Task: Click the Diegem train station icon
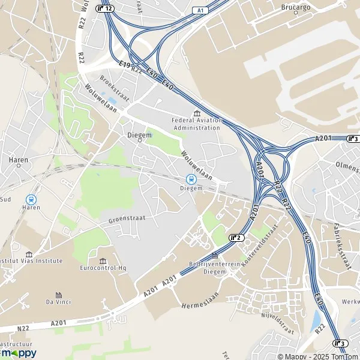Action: (191, 178)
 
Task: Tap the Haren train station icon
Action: (31, 199)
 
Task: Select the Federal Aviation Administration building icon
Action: (196, 113)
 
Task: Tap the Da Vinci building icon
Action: (58, 295)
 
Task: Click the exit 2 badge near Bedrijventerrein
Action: (236, 238)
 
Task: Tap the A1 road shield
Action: (199, 11)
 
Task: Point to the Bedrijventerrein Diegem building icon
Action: (215, 256)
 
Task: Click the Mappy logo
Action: (18, 353)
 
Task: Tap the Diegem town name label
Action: (139, 135)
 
